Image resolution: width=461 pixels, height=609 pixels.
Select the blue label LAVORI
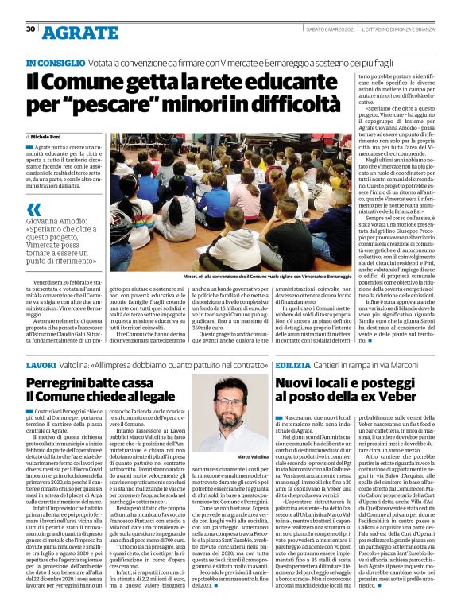tap(41, 363)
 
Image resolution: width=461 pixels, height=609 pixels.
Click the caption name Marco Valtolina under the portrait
tap(230, 457)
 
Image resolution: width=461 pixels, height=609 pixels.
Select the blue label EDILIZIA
tap(296, 363)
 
